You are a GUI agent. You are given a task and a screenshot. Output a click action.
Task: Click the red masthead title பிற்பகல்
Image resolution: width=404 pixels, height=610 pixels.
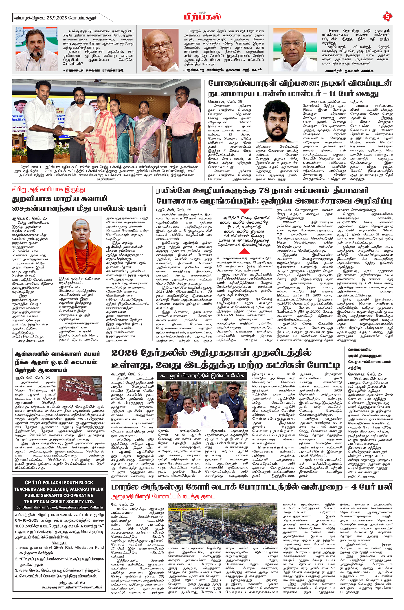coord(202,17)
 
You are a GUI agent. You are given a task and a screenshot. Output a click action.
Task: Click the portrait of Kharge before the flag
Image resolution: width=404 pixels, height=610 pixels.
coord(295,49)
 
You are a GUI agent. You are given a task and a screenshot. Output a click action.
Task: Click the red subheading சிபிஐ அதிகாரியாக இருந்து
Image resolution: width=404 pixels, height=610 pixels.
coord(48,190)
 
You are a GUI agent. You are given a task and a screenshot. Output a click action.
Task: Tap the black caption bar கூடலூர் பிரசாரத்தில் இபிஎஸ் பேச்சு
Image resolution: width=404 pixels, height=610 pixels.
coord(202,376)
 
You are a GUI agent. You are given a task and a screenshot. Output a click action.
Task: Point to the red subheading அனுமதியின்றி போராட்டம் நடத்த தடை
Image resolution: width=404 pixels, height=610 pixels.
coord(163,496)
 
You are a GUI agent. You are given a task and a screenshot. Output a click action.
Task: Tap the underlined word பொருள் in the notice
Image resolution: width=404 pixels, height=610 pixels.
coord(60,542)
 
